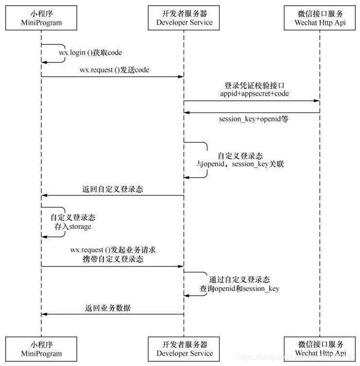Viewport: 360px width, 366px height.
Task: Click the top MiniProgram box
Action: (41, 18)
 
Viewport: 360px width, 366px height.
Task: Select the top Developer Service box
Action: (185, 18)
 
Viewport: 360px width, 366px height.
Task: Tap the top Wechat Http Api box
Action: (320, 18)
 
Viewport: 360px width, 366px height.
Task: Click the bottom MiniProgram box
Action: (41, 349)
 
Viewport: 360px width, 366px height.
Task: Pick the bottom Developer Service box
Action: (185, 349)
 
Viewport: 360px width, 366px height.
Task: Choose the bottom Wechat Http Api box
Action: (320, 349)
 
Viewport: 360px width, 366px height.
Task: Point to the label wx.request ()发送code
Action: (115, 70)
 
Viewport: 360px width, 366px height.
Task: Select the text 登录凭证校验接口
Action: (253, 85)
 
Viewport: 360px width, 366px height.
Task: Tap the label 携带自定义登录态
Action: (113, 259)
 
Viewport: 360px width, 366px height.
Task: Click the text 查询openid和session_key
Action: (240, 289)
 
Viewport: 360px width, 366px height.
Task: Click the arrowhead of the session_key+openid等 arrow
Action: (187, 112)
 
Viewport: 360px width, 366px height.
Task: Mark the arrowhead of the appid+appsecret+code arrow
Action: (317, 101)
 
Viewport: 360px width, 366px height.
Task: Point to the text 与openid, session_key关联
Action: (240, 165)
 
